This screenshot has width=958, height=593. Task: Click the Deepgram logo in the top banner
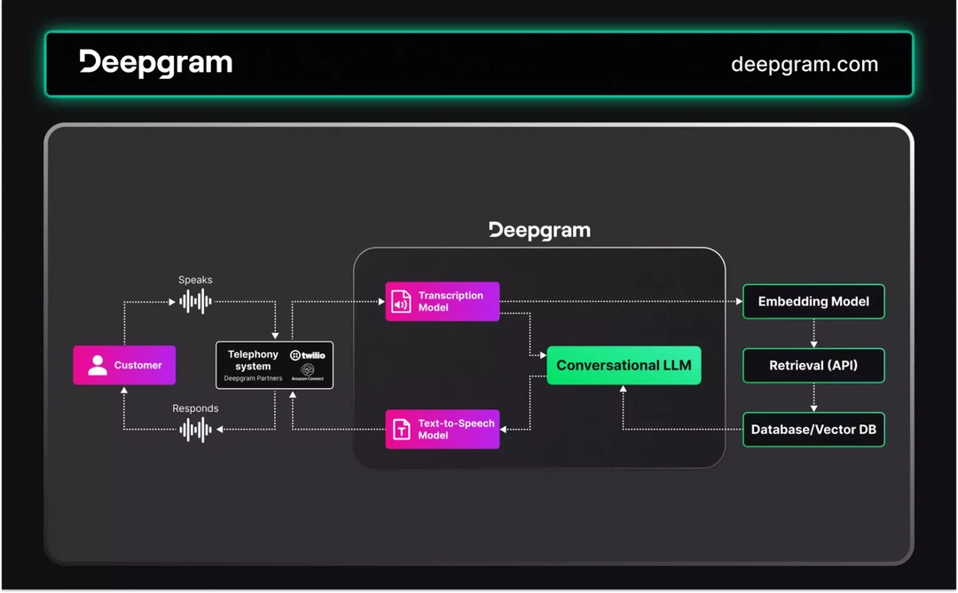[156, 63]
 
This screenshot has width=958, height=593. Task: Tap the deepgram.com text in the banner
[804, 64]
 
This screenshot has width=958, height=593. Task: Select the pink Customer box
[124, 365]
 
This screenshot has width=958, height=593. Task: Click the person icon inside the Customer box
[98, 365]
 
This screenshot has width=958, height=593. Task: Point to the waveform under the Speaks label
[195, 302]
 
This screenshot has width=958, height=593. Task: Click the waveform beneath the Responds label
[195, 430]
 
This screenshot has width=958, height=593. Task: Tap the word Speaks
[195, 280]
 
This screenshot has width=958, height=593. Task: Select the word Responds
[195, 408]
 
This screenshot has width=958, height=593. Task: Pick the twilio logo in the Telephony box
[308, 355]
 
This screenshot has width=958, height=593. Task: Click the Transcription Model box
[443, 302]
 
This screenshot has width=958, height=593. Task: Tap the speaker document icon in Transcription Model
[401, 302]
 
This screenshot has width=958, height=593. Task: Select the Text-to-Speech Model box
[443, 430]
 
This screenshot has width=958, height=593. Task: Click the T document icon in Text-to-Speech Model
[401, 430]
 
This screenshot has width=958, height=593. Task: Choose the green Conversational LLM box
[624, 365]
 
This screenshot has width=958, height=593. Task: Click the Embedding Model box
[813, 302]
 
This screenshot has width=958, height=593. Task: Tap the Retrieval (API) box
[813, 365]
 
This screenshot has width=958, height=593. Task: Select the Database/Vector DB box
[813, 430]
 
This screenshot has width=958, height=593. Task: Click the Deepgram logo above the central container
[539, 231]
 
